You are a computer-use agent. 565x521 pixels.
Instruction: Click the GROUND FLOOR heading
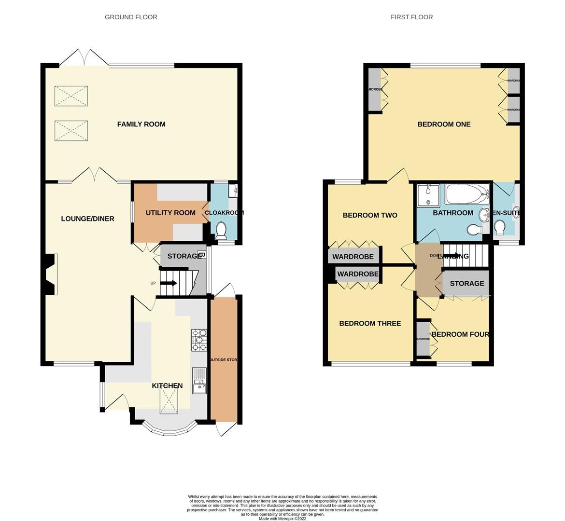[131, 17]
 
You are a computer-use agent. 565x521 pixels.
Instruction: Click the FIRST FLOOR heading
[411, 17]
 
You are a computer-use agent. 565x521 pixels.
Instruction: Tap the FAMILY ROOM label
[141, 124]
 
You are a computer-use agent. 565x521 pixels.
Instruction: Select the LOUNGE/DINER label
[87, 219]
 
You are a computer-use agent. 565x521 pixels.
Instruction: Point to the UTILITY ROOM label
[170, 213]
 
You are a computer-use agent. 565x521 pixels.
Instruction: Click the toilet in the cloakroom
[222, 230]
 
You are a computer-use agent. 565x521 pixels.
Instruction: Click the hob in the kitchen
[199, 340]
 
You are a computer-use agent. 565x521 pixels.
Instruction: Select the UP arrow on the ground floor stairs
[167, 283]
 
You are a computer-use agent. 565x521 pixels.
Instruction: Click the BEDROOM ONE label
[444, 124]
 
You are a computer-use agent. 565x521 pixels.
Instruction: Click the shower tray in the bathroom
[427, 195]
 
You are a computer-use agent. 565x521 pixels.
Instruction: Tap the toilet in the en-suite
[500, 227]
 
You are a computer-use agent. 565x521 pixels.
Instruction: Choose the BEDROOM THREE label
[370, 323]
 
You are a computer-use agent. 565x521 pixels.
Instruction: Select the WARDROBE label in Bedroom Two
[353, 257]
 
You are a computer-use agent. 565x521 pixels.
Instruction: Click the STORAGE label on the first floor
[466, 283]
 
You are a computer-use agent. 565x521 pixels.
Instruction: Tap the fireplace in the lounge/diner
[51, 274]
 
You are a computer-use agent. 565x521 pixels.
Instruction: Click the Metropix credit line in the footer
[282, 519]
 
